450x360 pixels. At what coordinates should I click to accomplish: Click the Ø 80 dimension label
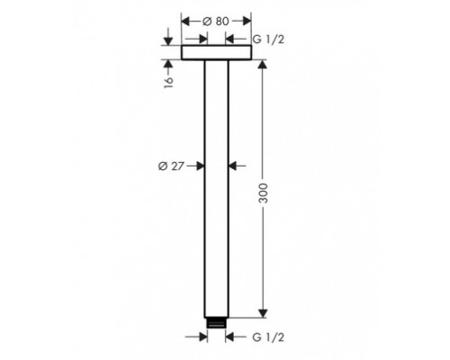(x=216, y=22)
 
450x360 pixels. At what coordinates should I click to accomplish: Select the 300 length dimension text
(x=263, y=193)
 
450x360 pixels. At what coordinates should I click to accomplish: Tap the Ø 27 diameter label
(x=171, y=166)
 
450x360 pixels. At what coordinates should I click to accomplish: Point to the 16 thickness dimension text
(x=168, y=82)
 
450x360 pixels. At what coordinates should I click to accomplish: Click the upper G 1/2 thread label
(x=268, y=40)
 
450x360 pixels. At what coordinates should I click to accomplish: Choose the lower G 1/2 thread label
(x=268, y=337)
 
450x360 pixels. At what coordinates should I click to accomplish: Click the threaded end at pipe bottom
(x=216, y=323)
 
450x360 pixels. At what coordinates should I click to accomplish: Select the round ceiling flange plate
(x=216, y=52)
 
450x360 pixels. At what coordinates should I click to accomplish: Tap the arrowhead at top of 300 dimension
(x=263, y=65)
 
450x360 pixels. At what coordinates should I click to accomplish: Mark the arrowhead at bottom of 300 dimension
(x=263, y=313)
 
